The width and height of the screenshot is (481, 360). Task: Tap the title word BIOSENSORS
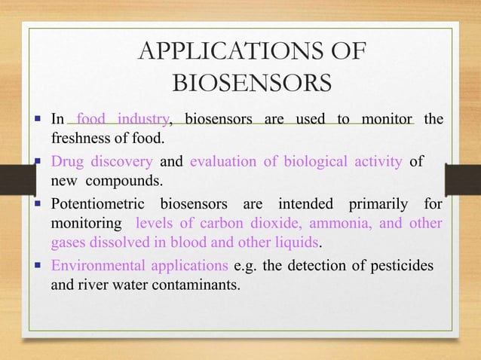[x=251, y=82]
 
